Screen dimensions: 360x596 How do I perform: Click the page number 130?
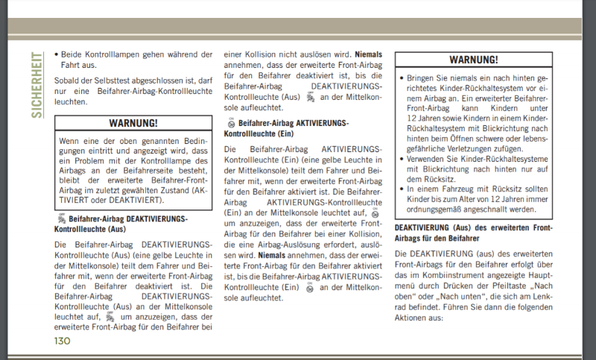click(62, 341)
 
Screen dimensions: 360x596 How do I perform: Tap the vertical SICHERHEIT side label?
click(37, 85)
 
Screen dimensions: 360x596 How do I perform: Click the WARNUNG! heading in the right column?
click(474, 60)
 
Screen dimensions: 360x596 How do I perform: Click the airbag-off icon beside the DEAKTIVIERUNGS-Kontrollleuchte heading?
click(60, 219)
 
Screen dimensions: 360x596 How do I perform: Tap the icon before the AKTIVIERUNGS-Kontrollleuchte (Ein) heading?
click(231, 121)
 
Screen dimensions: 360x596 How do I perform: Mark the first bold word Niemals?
click(369, 54)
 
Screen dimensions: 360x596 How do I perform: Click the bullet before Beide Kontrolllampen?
click(57, 55)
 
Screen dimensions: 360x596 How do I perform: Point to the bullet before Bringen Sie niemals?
click(402, 78)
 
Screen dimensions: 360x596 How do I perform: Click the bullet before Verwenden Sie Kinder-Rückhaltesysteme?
click(402, 158)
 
